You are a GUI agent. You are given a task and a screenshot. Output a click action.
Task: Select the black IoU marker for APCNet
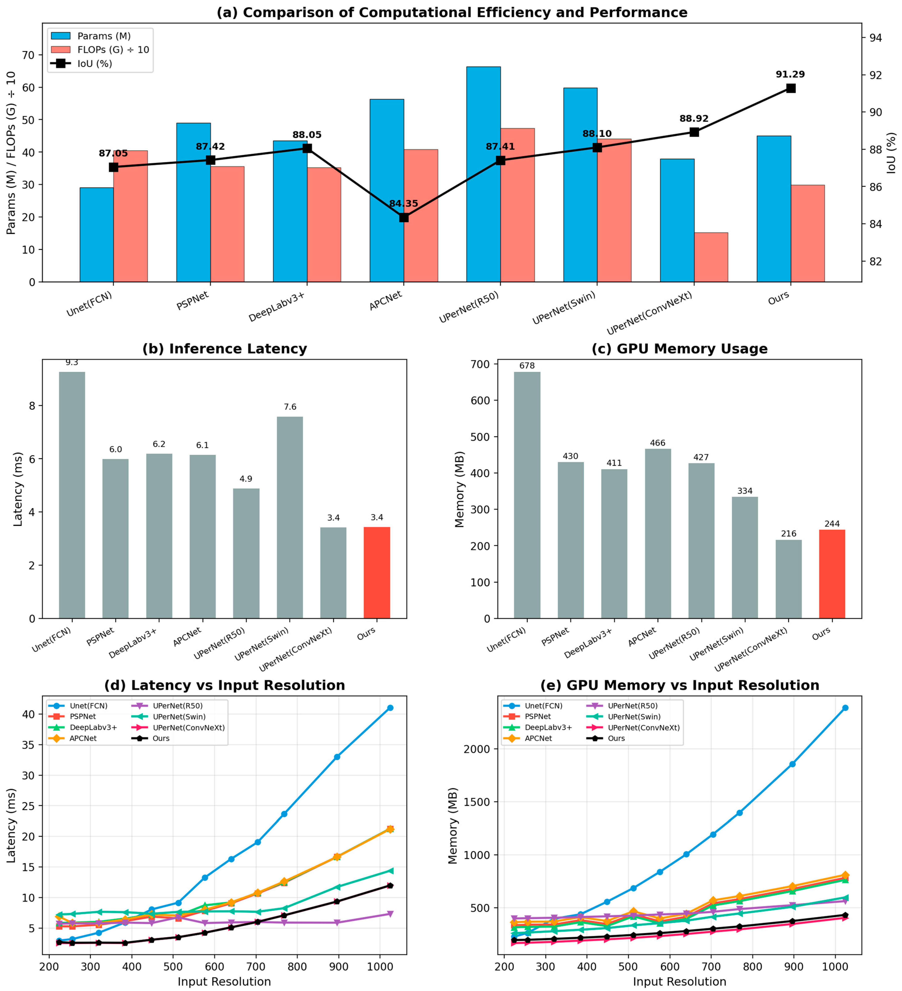(x=404, y=217)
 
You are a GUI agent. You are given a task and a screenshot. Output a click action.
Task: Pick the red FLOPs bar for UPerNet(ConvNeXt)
(x=711, y=257)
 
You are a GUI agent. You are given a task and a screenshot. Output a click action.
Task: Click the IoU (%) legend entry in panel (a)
(x=94, y=63)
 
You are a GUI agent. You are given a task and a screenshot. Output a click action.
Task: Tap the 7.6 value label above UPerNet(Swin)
(x=290, y=407)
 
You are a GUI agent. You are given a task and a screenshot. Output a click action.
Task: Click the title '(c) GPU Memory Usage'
(x=679, y=349)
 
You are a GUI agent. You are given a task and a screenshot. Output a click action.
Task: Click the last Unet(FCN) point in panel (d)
(x=390, y=708)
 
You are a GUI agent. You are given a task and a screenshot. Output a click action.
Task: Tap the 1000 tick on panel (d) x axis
(x=380, y=966)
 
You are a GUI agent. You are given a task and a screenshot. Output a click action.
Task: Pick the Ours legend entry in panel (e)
(x=616, y=738)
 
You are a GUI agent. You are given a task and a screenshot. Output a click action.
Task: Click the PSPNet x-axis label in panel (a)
(x=193, y=301)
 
